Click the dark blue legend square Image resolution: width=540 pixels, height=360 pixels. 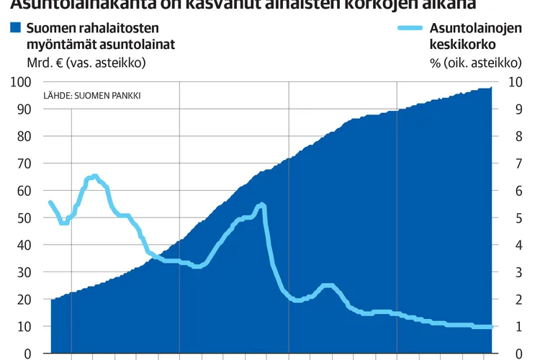[x=16, y=30]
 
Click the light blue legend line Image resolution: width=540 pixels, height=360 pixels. [x=411, y=30]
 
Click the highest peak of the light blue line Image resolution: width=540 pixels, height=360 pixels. [x=94, y=176]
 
